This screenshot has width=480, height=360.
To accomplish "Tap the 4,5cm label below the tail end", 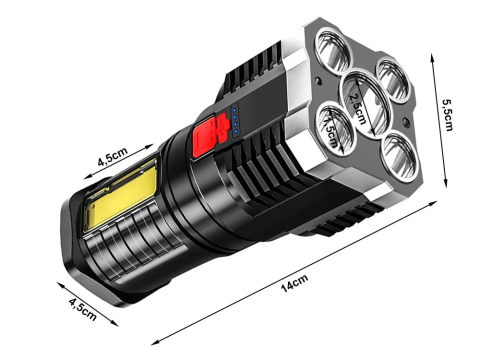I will (80, 311).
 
